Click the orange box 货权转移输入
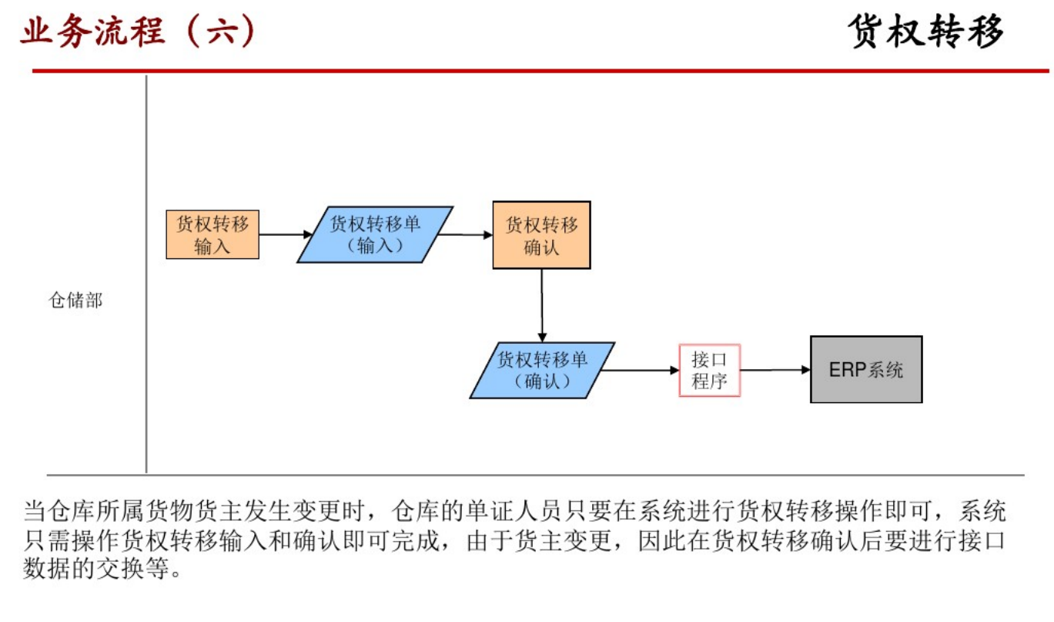pos(212,234)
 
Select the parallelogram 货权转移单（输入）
pos(375,234)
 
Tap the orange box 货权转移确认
pos(541,235)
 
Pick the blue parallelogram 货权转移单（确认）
pos(542,370)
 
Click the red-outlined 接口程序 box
pos(709,370)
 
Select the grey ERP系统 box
pos(865,369)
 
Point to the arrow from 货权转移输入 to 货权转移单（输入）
pos(281,234)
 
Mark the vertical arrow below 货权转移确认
pos(542,304)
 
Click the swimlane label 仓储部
pos(75,301)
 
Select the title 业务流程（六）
pos(138,33)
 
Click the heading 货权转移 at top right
pos(927,32)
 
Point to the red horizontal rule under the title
pos(539,71)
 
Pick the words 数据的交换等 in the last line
pos(104,570)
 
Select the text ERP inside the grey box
pos(847,369)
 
